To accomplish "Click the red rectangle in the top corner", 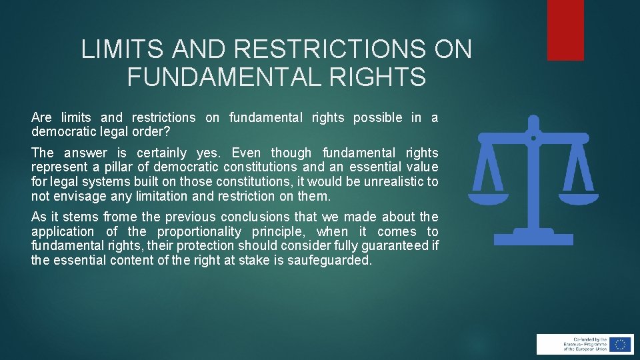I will (565, 30).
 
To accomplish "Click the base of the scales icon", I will (533, 237).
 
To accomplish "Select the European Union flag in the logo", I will (621, 344).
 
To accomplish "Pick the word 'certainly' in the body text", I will (163, 153).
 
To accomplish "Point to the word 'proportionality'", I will (199, 231).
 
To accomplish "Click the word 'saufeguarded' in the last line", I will (329, 261).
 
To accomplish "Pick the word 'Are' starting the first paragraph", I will (41, 118).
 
